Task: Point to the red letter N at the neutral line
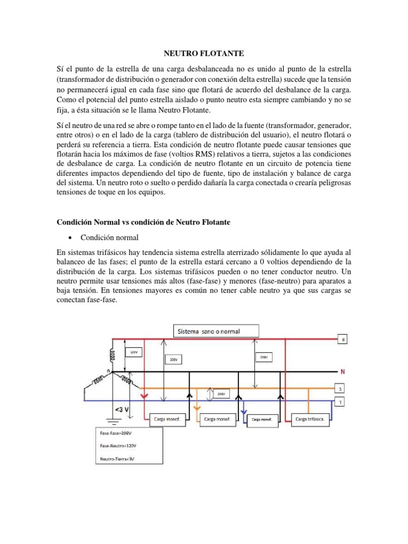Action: [x=342, y=371]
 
